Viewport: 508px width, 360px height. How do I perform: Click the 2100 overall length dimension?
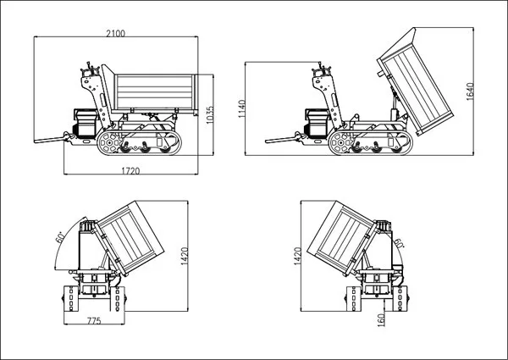(x=116, y=33)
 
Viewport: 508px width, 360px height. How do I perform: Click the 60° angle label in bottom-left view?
(x=60, y=236)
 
